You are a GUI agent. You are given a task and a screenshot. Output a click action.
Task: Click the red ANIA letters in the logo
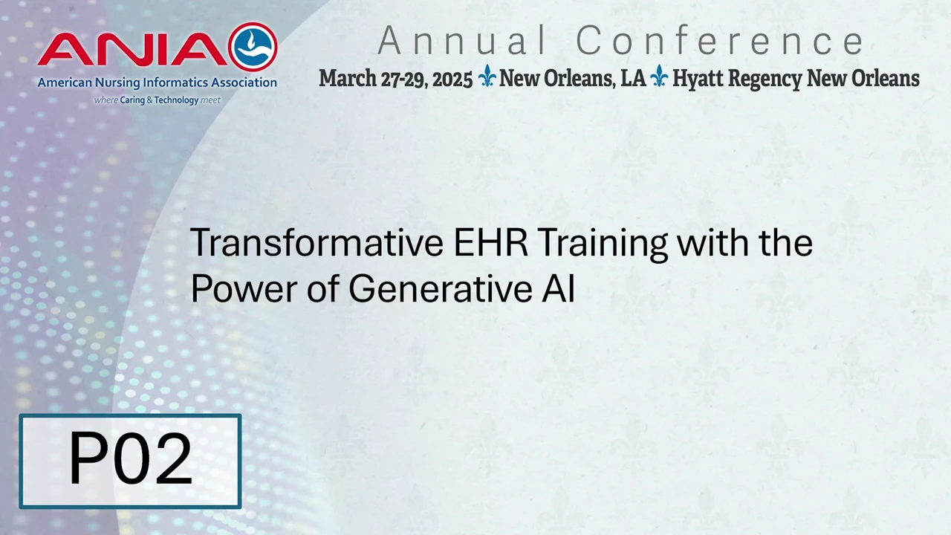tap(132, 49)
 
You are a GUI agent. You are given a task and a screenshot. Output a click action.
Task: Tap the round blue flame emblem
tap(253, 47)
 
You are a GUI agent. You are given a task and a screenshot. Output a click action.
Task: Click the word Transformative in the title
tap(317, 243)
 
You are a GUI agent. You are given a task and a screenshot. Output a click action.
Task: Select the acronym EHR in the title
tap(491, 243)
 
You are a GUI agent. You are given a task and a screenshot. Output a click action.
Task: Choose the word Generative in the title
tap(441, 289)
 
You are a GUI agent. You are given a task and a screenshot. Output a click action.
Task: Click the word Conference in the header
tap(720, 40)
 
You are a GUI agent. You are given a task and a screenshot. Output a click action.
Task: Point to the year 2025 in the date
tap(452, 80)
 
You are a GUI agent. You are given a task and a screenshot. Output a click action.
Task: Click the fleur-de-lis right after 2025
tap(487, 76)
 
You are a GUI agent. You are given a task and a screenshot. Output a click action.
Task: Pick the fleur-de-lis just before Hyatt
tap(658, 76)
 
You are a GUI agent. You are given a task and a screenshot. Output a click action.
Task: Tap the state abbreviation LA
tap(633, 79)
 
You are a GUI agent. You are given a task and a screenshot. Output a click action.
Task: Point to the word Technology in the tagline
tap(176, 100)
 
